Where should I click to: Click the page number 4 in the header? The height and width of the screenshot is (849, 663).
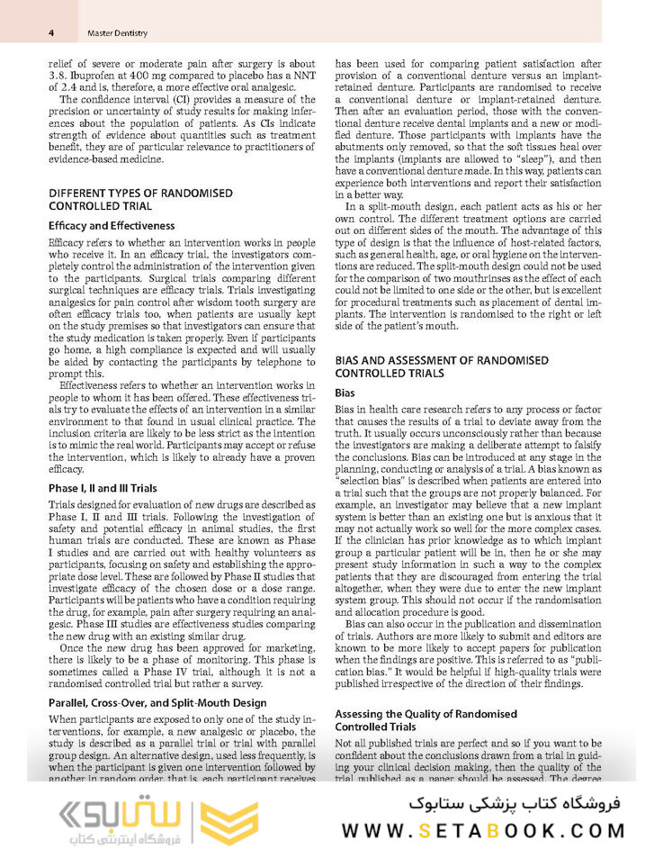[x=52, y=33]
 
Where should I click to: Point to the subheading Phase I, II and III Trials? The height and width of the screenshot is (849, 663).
[x=103, y=488]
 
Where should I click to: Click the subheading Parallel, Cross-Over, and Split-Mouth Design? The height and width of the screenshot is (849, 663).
[x=157, y=702]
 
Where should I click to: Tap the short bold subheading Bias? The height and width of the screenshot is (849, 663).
[x=345, y=393]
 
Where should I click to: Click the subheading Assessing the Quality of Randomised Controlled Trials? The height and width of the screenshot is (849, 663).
[x=426, y=720]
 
